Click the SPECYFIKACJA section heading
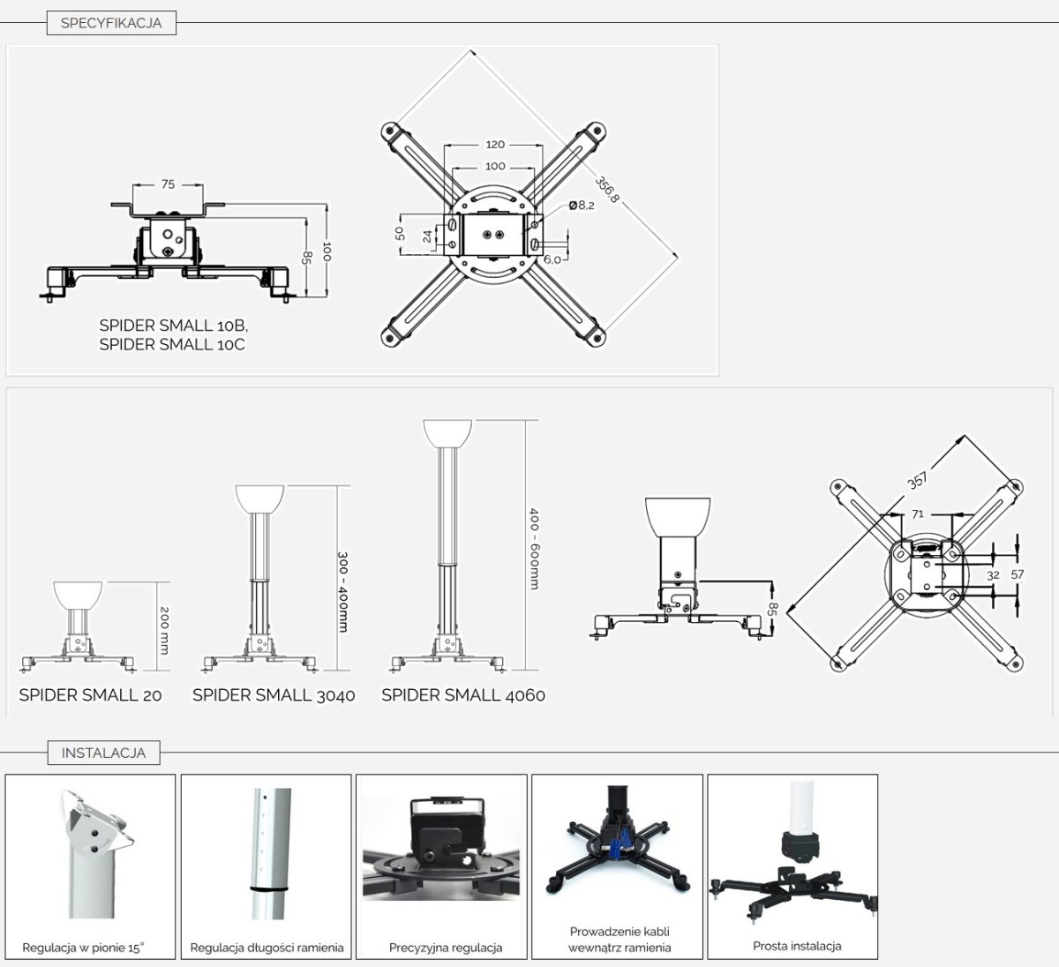pos(111,23)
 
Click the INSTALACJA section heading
pos(103,753)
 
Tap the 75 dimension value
pos(168,184)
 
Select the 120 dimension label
pos(495,145)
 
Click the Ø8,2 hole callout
pos(582,206)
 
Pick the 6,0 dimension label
pos(552,259)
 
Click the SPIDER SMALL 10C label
pos(172,345)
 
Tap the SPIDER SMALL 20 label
pos(91,695)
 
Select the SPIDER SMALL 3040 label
pos(274,695)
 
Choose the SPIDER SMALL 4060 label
pos(463,695)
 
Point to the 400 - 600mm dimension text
pos(533,548)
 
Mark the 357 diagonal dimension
pos(918,481)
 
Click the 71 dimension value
pos(918,513)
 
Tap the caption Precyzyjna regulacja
pos(446,948)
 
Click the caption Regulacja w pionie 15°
pos(83,948)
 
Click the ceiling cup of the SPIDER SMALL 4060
pos(447,433)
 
